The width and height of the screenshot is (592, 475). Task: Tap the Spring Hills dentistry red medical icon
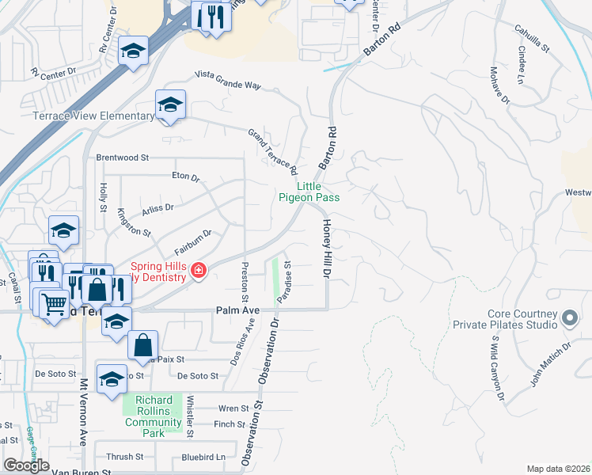tap(198, 272)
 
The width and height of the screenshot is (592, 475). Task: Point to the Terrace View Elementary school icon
tap(170, 104)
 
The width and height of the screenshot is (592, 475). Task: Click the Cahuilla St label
tap(532, 38)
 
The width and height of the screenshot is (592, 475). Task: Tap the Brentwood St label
tap(123, 158)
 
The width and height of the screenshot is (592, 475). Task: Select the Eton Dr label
tap(186, 176)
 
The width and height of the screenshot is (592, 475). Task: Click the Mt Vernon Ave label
tap(82, 412)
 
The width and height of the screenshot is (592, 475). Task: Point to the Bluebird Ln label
tap(203, 457)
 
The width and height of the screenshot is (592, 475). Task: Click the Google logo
tap(27, 465)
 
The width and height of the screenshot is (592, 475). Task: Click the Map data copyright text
tap(558, 469)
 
